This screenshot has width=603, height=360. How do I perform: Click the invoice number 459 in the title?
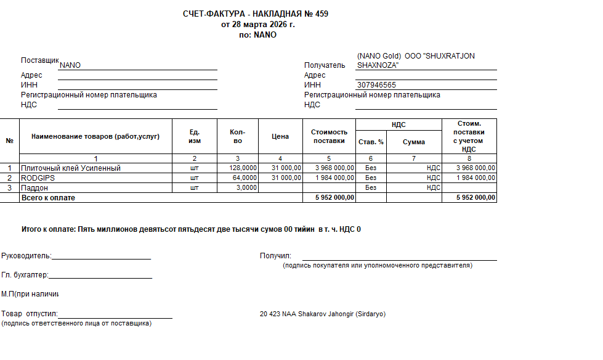click(x=322, y=14)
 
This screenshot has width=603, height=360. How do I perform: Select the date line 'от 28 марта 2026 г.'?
click(x=257, y=25)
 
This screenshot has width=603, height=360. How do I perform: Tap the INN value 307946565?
click(x=376, y=85)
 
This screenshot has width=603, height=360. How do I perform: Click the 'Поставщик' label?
click(x=39, y=60)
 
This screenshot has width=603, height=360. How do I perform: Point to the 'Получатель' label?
click(x=325, y=65)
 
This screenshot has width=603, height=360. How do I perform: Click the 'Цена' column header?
click(x=280, y=136)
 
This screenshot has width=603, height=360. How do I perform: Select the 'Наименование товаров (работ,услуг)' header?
click(x=95, y=136)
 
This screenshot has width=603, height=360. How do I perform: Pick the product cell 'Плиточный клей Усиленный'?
click(x=71, y=168)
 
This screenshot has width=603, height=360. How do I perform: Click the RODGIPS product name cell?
click(x=39, y=178)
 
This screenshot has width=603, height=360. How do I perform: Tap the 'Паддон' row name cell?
click(x=34, y=187)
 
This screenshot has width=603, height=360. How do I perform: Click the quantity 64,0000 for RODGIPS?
click(x=244, y=178)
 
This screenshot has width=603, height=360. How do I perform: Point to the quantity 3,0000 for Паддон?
click(x=246, y=187)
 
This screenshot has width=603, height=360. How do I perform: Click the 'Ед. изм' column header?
click(x=195, y=136)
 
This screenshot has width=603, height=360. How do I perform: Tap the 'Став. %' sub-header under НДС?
click(x=371, y=142)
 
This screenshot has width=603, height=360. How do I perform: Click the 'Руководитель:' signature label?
click(x=26, y=256)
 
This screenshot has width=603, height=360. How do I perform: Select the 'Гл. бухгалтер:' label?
click(x=25, y=275)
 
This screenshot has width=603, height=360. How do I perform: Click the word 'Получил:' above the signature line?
click(x=275, y=256)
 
